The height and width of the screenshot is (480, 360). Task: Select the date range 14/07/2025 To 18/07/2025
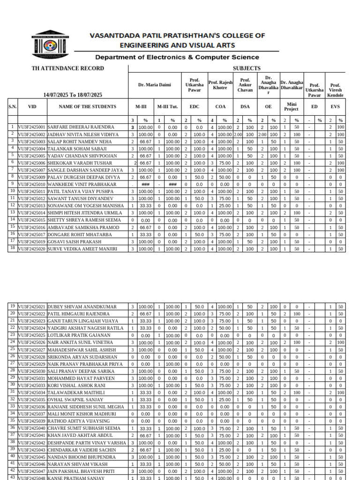pyautogui.click(x=73, y=95)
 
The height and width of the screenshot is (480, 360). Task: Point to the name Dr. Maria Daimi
pyautogui.click(x=155, y=85)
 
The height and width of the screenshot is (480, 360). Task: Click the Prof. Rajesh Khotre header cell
pyautogui.click(x=220, y=85)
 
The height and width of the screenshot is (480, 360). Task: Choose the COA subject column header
pyautogui.click(x=220, y=107)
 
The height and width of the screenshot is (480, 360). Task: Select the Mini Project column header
pyautogui.click(x=291, y=107)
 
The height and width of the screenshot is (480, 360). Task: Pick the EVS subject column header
pyautogui.click(x=335, y=107)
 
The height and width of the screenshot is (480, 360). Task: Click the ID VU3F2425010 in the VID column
pyautogui.click(x=32, y=184)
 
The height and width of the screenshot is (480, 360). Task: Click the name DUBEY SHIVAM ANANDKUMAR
pyautogui.click(x=78, y=307)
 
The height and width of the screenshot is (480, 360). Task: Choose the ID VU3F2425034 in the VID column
pyautogui.click(x=32, y=392)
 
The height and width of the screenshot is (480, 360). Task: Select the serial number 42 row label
pyautogui.click(x=13, y=471)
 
